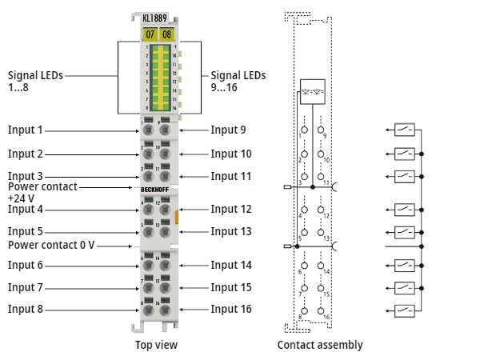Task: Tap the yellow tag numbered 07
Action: pyautogui.click(x=150, y=34)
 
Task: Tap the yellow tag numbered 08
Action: pyautogui.click(x=166, y=34)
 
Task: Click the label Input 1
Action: pyautogui.click(x=26, y=130)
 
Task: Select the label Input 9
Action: pyautogui.click(x=228, y=130)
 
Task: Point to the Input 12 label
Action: pyautogui.click(x=231, y=209)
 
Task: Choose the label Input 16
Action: pyautogui.click(x=231, y=309)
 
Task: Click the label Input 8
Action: pyautogui.click(x=26, y=309)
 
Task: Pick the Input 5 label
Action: pyautogui.click(x=26, y=232)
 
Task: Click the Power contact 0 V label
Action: pyautogui.click(x=51, y=245)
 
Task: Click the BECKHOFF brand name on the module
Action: pyautogui.click(x=157, y=189)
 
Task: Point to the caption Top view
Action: pyautogui.click(x=156, y=345)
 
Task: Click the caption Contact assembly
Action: pyautogui.click(x=320, y=345)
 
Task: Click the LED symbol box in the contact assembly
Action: pyautogui.click(x=312, y=90)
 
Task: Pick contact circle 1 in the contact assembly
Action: pyautogui.click(x=305, y=129)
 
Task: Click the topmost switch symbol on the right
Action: pyautogui.click(x=405, y=129)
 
